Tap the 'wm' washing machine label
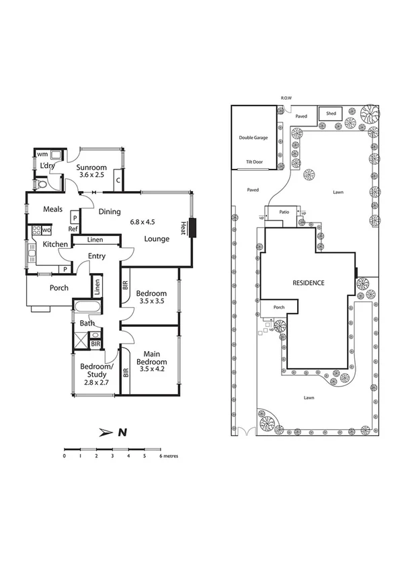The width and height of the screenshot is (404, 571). [x=42, y=155]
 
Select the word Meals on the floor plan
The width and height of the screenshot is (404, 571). [x=54, y=209]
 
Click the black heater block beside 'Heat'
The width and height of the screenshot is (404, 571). [x=193, y=228]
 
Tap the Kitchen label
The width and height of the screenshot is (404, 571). [x=56, y=244]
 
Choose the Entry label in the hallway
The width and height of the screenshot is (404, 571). [x=97, y=256]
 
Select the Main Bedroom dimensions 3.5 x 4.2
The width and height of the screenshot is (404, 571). [x=155, y=369]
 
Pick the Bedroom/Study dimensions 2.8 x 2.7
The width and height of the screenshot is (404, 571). [x=95, y=381]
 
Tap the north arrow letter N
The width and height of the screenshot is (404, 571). [x=122, y=432]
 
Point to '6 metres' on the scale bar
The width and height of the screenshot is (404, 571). [x=169, y=455]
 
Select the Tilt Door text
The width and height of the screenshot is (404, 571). [x=253, y=162]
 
